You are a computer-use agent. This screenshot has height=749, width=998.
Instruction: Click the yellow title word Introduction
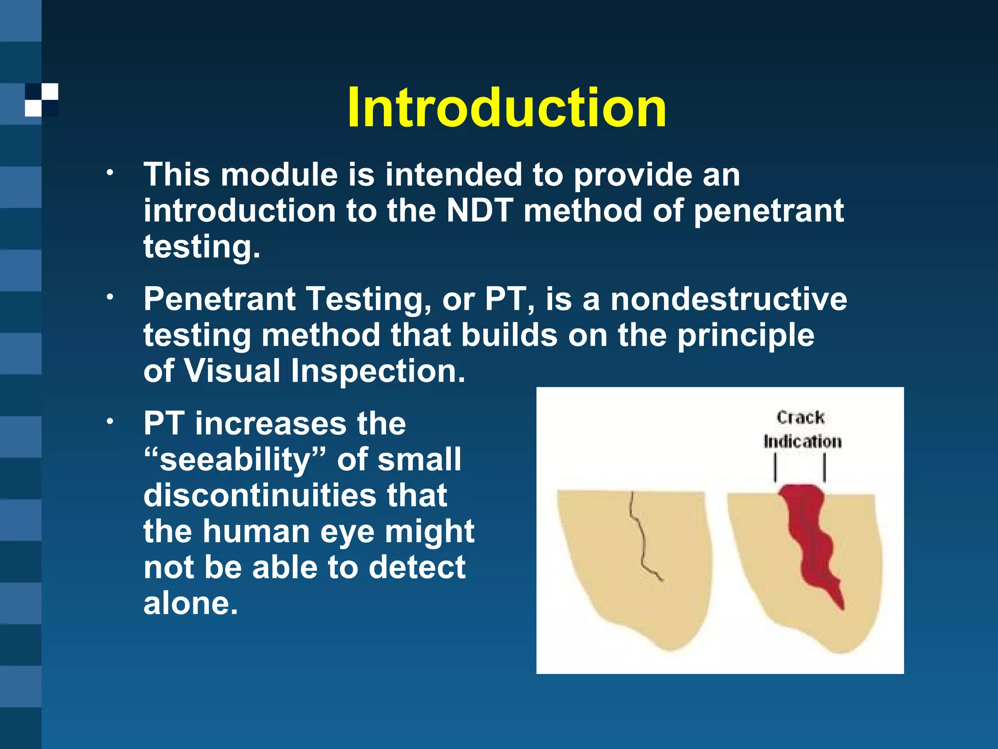coord(507,107)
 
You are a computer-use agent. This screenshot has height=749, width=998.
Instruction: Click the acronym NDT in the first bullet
coord(480,211)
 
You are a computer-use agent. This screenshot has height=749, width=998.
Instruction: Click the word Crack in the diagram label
coord(801,417)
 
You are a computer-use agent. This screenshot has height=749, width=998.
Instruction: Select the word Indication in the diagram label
coord(803,441)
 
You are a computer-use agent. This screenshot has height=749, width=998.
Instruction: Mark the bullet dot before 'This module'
coord(111,173)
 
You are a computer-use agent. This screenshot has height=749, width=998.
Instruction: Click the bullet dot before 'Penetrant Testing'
coord(111,297)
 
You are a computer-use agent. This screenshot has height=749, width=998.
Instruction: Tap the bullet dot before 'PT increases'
coord(111,421)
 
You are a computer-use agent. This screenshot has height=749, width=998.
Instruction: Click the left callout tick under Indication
coord(775,468)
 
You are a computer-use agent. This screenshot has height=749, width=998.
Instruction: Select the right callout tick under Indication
coord(825,468)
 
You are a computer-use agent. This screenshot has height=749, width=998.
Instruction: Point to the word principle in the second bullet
coord(746,336)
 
